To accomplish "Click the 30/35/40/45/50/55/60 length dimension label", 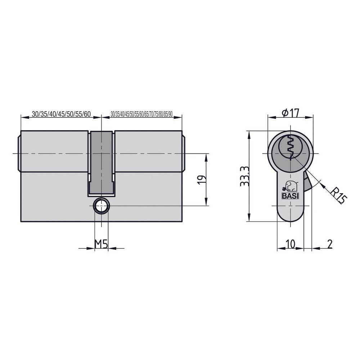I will point(61,114).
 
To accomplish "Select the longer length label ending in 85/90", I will point(142,114).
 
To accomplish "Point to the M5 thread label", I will point(101,244).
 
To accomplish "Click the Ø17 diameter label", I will point(291,113).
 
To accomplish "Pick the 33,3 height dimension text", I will point(245,176).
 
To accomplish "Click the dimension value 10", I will point(290,244).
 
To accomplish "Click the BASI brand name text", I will point(290,196).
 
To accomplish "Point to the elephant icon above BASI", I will point(291,186).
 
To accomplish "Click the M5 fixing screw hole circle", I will point(101,206).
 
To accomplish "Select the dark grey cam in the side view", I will point(102,162).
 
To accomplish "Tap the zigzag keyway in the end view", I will point(291,148).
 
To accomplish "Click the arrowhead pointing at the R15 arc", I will point(322,185).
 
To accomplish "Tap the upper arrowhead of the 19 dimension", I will point(207,157).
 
